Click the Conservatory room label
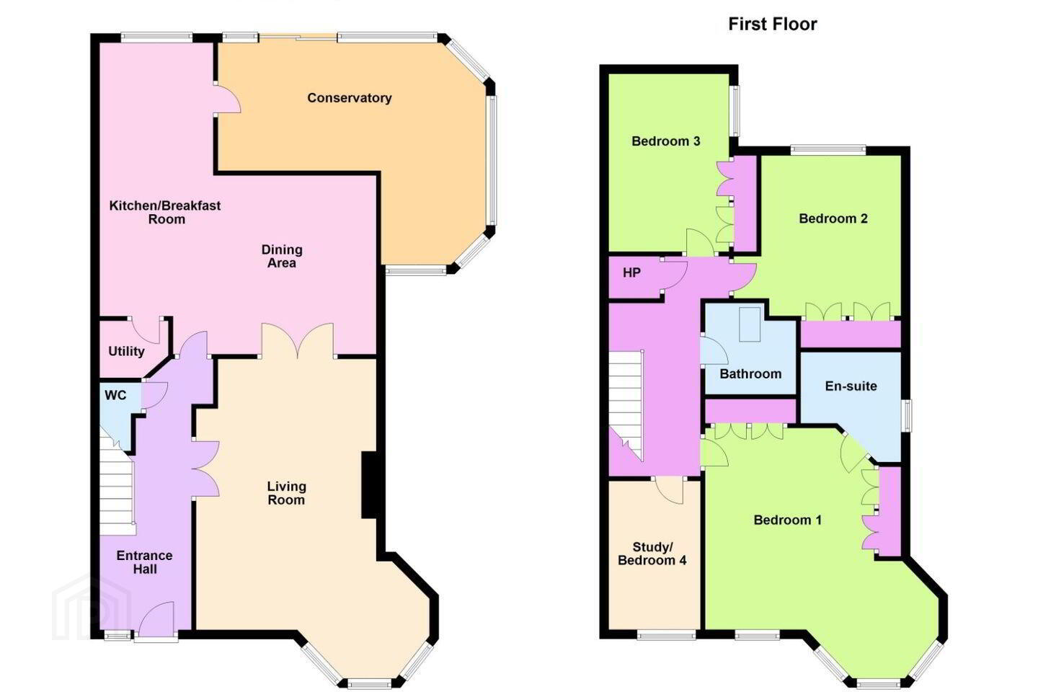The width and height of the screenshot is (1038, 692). pyautogui.click(x=350, y=98)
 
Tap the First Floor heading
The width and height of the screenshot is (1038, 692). pyautogui.click(x=773, y=24)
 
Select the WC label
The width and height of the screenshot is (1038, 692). pyautogui.click(x=115, y=395)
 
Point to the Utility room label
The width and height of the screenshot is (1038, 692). pyautogui.click(x=126, y=351)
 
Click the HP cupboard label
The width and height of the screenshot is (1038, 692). pyautogui.click(x=631, y=272)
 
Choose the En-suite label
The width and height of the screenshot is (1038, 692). pyautogui.click(x=851, y=386)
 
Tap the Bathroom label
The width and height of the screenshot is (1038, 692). pyautogui.click(x=750, y=373)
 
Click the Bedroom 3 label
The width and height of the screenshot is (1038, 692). pyautogui.click(x=665, y=141)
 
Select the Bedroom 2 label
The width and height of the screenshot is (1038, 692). pyautogui.click(x=833, y=218)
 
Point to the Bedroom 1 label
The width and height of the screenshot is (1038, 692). pyautogui.click(x=787, y=520)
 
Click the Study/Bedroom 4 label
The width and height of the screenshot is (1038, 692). pyautogui.click(x=652, y=554)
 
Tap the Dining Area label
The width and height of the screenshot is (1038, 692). pyautogui.click(x=282, y=257)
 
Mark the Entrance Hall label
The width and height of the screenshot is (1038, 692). pyautogui.click(x=145, y=562)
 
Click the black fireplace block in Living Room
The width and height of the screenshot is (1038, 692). pyautogui.click(x=369, y=485)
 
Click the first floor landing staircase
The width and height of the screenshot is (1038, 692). pyautogui.click(x=626, y=406)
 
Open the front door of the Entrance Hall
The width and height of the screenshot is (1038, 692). pyautogui.click(x=156, y=619)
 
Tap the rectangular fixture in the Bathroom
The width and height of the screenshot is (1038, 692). pyautogui.click(x=750, y=324)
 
